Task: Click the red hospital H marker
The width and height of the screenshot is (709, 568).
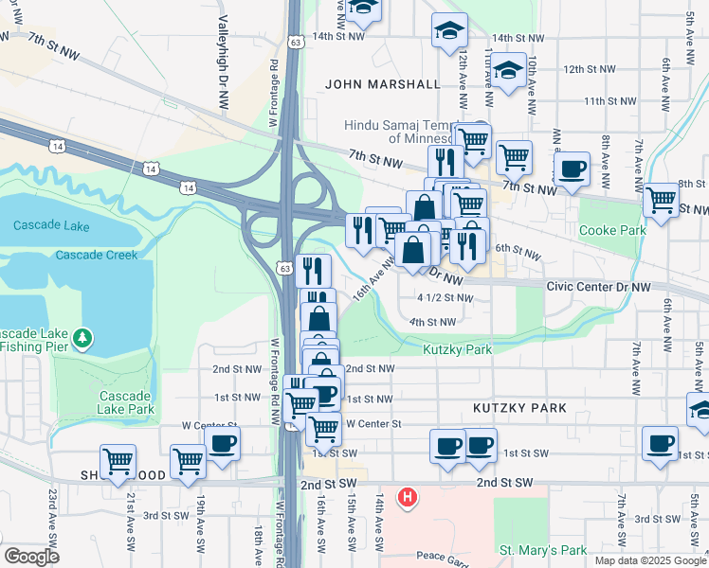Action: (408, 496)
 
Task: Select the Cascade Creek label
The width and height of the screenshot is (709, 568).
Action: (96, 256)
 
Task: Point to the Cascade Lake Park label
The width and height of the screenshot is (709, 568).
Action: (125, 402)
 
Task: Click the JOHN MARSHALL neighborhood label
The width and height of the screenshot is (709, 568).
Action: (382, 83)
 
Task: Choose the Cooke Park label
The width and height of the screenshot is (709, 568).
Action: (611, 230)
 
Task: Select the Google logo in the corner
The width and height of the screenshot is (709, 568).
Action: (30, 556)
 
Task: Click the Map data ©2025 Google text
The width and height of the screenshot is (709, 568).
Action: (650, 560)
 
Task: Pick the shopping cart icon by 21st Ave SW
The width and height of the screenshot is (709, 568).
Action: (118, 461)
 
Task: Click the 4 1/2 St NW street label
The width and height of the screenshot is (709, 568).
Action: (444, 298)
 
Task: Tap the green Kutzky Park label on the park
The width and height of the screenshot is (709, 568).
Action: (457, 349)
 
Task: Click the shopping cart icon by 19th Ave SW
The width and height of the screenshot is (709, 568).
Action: (188, 461)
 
